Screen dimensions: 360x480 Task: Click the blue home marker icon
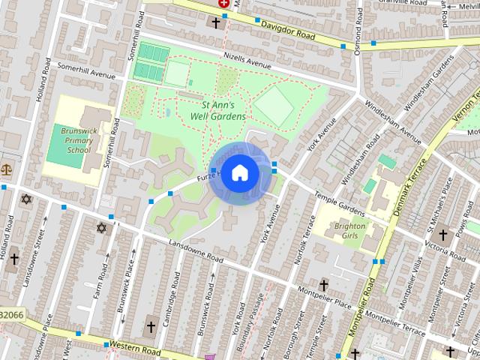tap(239, 173)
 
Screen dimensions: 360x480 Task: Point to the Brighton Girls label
tap(349, 231)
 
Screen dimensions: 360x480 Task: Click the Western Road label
tap(135, 347)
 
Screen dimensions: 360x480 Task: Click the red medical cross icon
tap(223, 3)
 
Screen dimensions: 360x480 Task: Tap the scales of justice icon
tap(7, 169)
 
